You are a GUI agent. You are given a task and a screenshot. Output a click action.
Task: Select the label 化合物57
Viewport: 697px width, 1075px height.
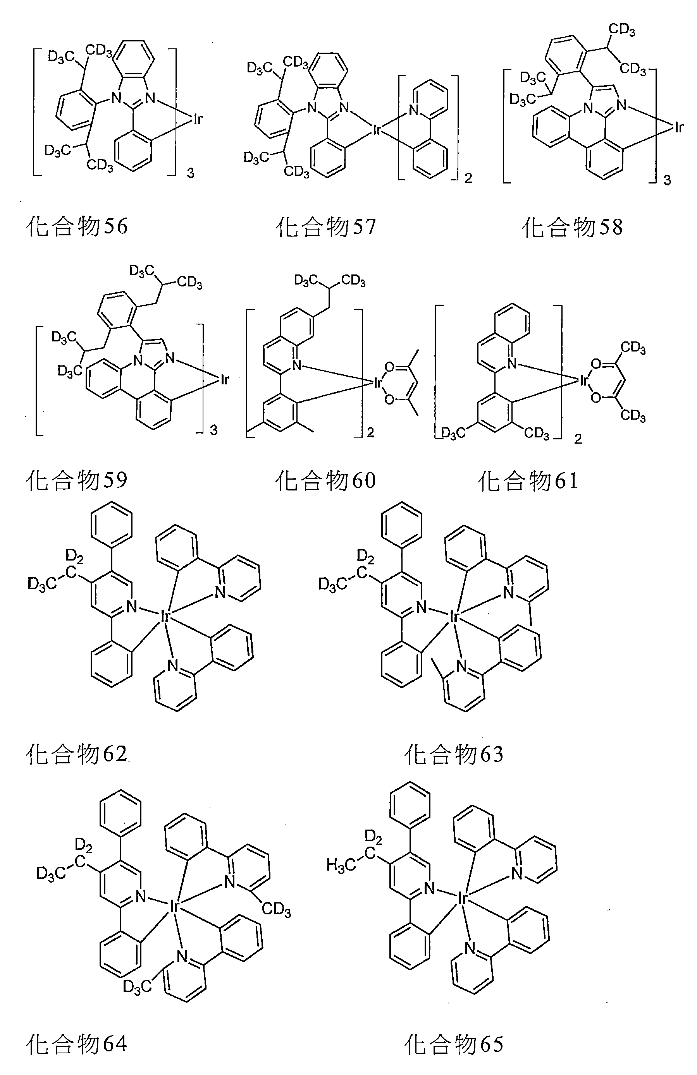pos(325,226)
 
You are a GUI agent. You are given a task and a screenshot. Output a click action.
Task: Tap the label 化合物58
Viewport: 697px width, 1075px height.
pos(572,226)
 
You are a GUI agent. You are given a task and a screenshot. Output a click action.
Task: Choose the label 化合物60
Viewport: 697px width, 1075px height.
pos(325,480)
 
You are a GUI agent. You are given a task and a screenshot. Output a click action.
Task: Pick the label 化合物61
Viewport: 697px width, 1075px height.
pos(528,480)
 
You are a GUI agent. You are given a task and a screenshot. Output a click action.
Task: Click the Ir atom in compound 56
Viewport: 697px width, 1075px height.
pos(198,119)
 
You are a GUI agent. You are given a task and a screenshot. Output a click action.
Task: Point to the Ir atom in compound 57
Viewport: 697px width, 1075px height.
pos(377,130)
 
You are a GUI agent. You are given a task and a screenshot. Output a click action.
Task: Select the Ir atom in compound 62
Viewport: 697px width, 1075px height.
pos(165,615)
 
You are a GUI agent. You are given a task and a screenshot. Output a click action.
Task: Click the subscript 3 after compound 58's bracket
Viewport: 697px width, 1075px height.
pos(667,181)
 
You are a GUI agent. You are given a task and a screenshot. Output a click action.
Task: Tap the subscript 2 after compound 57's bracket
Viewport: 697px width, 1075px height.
pos(468,178)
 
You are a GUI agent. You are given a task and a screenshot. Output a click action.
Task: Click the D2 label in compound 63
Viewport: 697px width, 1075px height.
pos(365,557)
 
